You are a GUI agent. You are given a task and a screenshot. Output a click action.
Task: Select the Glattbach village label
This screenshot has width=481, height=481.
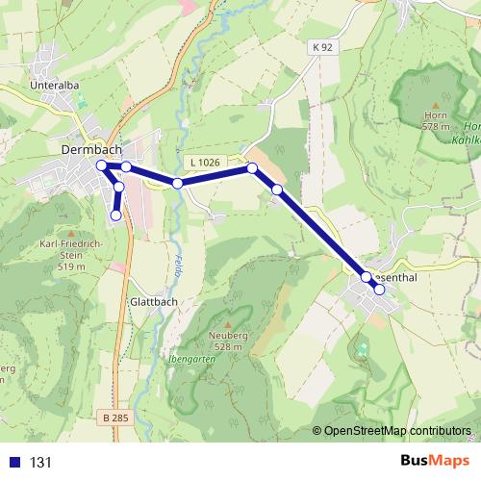pyautogui.click(x=151, y=301)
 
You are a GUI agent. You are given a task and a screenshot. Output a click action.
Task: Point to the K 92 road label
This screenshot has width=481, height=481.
pyautogui.click(x=321, y=46)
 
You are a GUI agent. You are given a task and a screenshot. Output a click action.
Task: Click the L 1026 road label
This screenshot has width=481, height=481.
pyautogui.click(x=204, y=163)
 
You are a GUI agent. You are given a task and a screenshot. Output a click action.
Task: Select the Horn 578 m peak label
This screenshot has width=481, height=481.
pyautogui.click(x=436, y=120)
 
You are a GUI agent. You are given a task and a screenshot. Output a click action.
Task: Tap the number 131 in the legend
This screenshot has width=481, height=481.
pyautogui.click(x=40, y=462)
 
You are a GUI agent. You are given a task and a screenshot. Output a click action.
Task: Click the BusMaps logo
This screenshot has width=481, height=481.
pyautogui.click(x=435, y=461)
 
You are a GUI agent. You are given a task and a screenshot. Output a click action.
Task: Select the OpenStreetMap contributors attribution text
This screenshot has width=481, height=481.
pyautogui.click(x=397, y=431)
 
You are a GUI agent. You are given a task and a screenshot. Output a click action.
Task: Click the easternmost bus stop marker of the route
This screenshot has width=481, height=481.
pyautogui.click(x=379, y=290)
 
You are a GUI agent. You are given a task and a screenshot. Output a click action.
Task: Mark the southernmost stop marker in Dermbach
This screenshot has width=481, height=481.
pyautogui.click(x=116, y=215)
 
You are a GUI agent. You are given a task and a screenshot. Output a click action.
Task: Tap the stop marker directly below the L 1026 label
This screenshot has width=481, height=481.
pyautogui.click(x=178, y=183)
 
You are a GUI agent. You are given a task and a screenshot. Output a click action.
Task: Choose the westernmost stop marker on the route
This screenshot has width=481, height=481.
pyautogui.click(x=101, y=165)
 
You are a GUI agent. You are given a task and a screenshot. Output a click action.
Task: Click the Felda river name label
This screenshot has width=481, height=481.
pyautogui.click(x=179, y=264)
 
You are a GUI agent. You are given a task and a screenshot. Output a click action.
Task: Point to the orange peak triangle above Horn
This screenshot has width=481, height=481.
pyautogui.click(x=436, y=105)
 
